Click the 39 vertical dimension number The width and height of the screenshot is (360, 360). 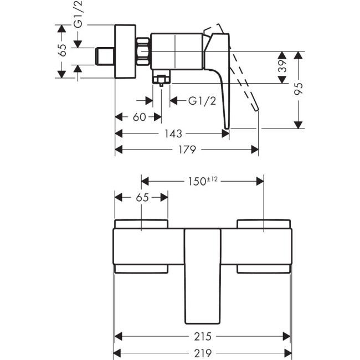(282, 68)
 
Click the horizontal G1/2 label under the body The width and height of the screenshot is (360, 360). (200, 101)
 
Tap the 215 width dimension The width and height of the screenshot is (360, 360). (202, 336)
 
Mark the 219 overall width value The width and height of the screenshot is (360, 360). (202, 353)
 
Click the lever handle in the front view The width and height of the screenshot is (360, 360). (202, 277)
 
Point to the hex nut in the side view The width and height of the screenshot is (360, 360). (145, 53)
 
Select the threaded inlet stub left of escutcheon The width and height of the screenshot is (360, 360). (104, 56)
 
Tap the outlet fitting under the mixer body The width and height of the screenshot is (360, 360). (161, 80)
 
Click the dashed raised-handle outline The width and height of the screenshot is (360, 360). (244, 78)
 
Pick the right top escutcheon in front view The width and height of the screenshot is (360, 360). (263, 224)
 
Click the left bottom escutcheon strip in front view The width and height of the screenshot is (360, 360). (141, 269)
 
